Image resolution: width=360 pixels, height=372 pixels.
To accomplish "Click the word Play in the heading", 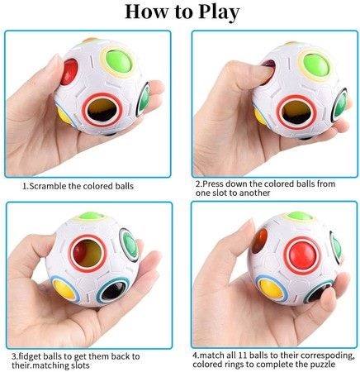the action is (219, 12).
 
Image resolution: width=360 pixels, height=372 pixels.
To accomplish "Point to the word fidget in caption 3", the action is (29, 356).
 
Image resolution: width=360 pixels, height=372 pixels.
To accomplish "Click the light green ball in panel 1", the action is (119, 61).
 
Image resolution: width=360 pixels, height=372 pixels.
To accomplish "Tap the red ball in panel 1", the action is (69, 72).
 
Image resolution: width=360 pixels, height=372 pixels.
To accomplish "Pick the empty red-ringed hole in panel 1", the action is (103, 110).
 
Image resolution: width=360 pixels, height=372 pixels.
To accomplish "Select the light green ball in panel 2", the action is (315, 64).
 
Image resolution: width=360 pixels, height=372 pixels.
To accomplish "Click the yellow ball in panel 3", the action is (64, 289).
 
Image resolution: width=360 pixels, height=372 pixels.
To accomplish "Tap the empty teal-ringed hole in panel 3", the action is (113, 292).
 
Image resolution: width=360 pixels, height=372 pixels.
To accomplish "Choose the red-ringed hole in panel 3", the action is (88, 253).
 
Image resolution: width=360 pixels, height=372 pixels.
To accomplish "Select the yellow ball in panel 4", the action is (271, 289).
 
